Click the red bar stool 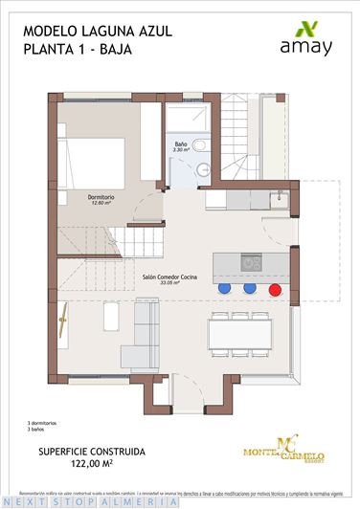point(274,287)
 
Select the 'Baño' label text point(182,144)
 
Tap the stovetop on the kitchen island point(251,261)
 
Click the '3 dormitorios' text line point(46,422)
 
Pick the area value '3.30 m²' point(182,150)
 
